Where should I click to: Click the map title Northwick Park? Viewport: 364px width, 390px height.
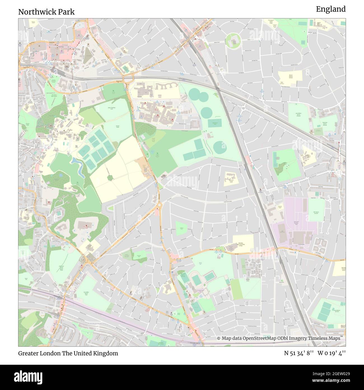click(x=46, y=12)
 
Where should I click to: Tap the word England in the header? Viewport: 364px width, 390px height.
click(x=331, y=9)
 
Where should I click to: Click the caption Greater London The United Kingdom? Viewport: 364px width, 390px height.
click(x=68, y=353)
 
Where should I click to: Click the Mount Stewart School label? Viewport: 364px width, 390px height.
click(x=286, y=76)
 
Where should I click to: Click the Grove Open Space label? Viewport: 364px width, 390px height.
click(x=54, y=95)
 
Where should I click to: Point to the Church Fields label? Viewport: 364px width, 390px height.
click(x=27, y=125)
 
